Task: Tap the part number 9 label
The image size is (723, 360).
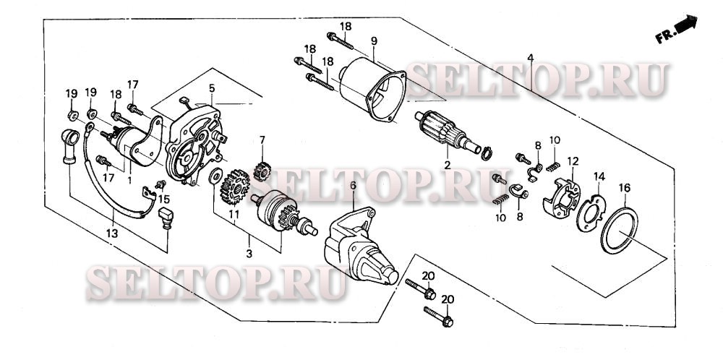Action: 374,41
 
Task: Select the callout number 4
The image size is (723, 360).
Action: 531,58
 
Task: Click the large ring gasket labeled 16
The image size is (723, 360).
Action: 620,231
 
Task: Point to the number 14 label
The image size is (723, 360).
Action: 599,176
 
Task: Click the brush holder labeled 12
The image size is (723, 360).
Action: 562,197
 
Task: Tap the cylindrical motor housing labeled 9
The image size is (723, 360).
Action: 372,90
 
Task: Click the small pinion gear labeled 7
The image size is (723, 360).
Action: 262,172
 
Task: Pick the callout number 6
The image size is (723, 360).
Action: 354,186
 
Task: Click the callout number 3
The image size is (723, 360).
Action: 249,254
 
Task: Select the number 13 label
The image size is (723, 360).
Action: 112,233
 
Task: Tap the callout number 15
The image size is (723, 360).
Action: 164,199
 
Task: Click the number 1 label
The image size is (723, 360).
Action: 129,180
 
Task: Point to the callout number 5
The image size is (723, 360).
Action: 212,87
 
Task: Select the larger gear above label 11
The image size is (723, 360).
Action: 235,187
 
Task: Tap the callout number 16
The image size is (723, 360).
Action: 625,188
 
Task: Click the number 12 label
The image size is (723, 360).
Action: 573,161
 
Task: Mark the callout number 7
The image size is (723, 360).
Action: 262,140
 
